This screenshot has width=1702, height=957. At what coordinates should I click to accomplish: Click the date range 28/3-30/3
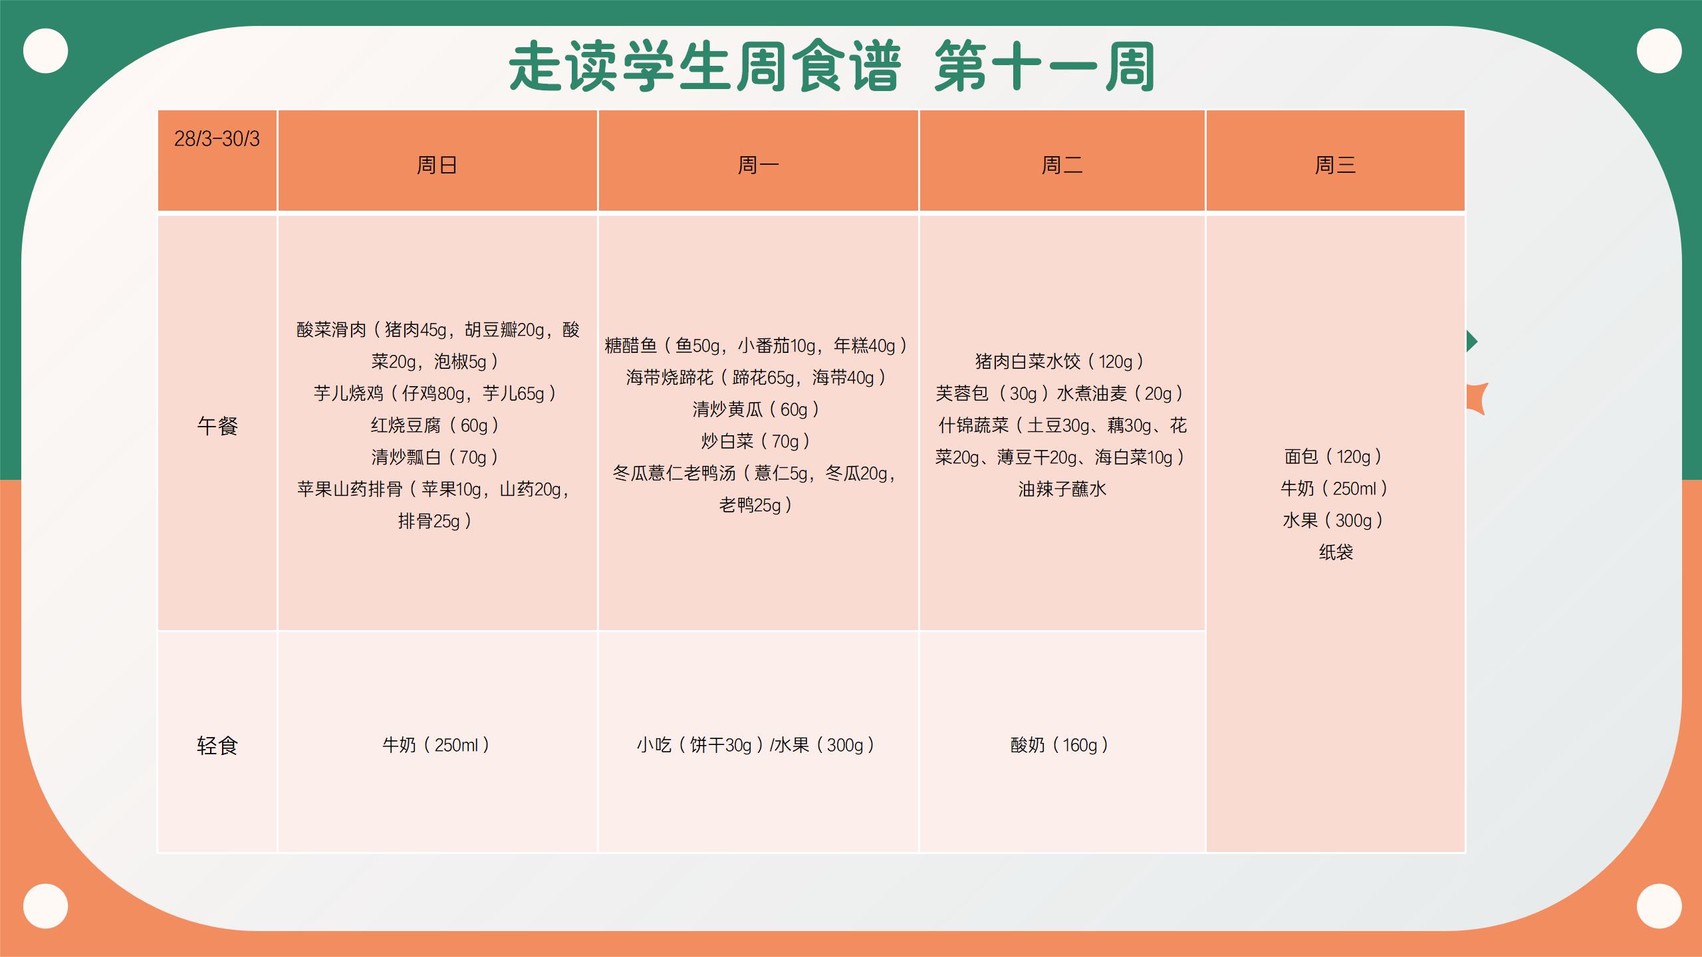coord(217,139)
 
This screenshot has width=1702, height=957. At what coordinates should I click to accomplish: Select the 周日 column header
coord(437,165)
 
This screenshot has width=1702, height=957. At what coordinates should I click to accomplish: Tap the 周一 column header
coord(758,165)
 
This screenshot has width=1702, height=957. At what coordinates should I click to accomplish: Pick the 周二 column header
coord(1062,165)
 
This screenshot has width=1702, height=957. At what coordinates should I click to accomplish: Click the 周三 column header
coord(1335,165)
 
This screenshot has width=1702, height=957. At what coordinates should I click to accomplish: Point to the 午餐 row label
coord(217,425)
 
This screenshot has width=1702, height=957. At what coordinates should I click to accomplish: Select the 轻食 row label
coord(217,746)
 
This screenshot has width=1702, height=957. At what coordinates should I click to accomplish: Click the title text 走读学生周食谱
coord(705,66)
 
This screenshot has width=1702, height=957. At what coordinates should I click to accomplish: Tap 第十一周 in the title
coord(1045,66)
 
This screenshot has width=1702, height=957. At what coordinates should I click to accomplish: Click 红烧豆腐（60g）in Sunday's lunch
coord(435,425)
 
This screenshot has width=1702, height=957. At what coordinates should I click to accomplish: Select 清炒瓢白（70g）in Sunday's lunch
coord(435,457)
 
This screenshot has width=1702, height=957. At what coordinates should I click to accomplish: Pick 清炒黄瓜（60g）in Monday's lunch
coord(757,409)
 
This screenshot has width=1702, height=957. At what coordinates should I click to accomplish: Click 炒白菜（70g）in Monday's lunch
coord(757,441)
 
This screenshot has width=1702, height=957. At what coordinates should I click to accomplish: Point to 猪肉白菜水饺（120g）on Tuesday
coord(1060,362)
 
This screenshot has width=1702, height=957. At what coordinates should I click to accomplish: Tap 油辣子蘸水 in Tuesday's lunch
coord(1062,489)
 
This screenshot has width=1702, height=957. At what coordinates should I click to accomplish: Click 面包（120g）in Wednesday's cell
coord(1334,457)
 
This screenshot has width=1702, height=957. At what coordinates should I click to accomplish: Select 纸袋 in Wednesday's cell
coord(1336,552)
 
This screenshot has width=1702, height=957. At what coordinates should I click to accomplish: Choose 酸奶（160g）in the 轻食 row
coord(1060,745)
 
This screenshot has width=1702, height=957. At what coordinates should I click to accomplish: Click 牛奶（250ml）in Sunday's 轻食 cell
coord(437,745)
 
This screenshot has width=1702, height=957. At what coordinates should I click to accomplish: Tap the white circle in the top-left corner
coord(46,51)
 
